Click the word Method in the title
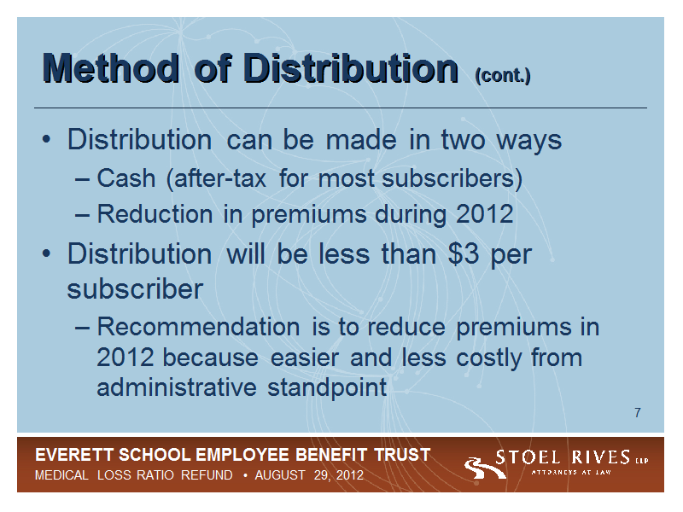point(111,68)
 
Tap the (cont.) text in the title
point(503,75)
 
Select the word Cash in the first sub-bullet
point(126,178)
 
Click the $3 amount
point(464,253)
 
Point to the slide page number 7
point(638,412)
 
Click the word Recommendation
point(198,327)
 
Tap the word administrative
point(177,387)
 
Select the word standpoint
point(327,388)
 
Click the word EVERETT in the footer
point(74,455)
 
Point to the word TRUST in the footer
point(402,455)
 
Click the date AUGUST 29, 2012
point(309,474)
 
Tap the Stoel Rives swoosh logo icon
point(483,468)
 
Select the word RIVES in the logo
point(601,457)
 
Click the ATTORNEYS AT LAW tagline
point(571,472)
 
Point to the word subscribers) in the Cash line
point(452,179)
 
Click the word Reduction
point(155,214)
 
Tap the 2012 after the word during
point(484,214)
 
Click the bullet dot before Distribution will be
point(46,253)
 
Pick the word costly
point(488,358)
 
